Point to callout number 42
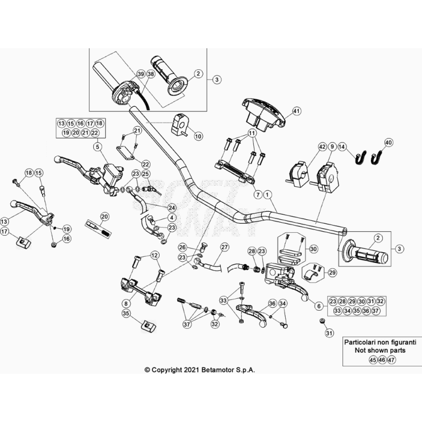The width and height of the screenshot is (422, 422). pyautogui.click(x=322, y=147)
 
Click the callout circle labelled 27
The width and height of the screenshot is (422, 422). pyautogui.click(x=224, y=247)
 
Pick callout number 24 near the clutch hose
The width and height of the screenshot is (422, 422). pyautogui.click(x=172, y=208)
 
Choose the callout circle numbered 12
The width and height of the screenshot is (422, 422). pyautogui.click(x=154, y=256)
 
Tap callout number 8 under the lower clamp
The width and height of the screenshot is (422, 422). pyautogui.click(x=125, y=304)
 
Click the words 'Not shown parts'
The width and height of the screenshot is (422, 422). pyautogui.click(x=374, y=351)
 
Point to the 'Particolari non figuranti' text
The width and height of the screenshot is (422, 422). pyautogui.click(x=374, y=342)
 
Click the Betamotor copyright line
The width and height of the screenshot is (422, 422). pyautogui.click(x=200, y=369)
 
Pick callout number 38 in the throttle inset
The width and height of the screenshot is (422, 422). pyautogui.click(x=151, y=74)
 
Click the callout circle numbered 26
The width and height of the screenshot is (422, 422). pyautogui.click(x=182, y=247)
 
